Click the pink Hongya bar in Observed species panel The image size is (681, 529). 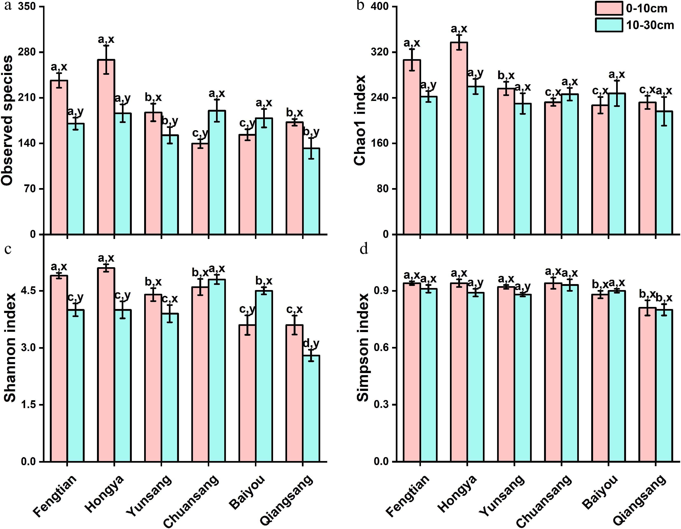pos(106,147)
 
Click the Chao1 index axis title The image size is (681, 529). pos(360,120)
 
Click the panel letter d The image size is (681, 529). pos(364,249)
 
